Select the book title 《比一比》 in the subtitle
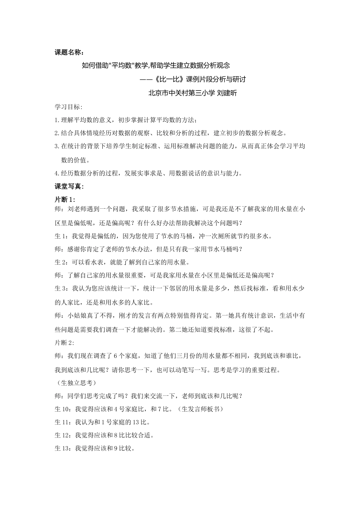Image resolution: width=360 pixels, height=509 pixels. [163, 79]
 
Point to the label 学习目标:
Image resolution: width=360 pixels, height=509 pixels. [69, 107]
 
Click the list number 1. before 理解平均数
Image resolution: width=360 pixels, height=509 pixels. [57, 120]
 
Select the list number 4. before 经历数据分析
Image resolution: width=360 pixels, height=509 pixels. [57, 173]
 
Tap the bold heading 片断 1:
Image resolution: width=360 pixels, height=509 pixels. [65, 199]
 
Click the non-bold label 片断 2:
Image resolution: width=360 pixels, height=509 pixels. [65, 343]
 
